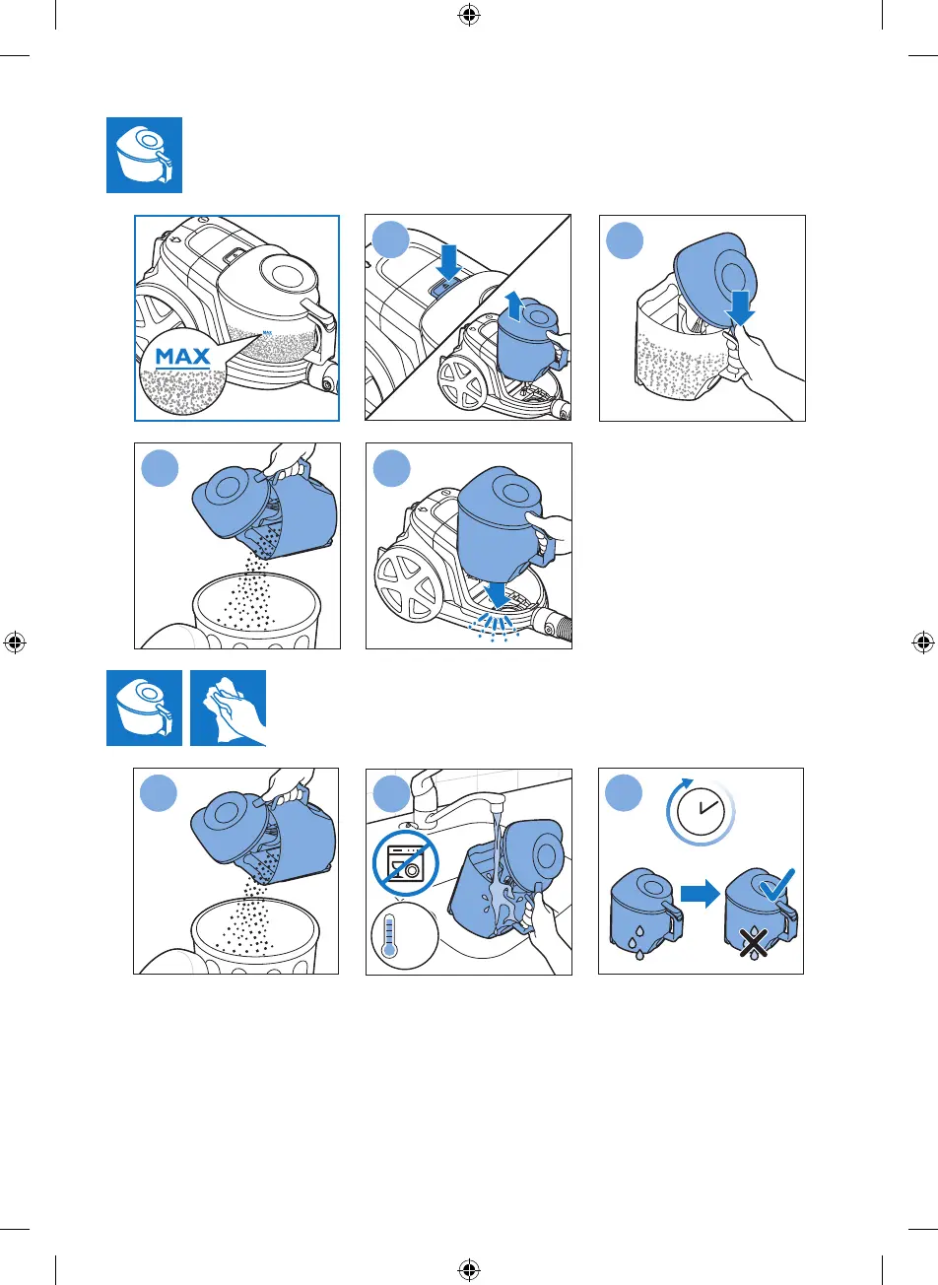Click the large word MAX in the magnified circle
click(x=182, y=357)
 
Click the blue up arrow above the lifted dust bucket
click(x=514, y=305)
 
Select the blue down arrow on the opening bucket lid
click(x=740, y=307)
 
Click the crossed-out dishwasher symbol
click(x=406, y=862)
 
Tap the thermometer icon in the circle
click(x=389, y=935)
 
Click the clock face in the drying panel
click(x=702, y=811)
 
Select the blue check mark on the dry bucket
click(x=777, y=885)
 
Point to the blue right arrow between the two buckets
click(x=700, y=894)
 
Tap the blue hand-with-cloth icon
click(x=228, y=708)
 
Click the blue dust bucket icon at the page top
click(x=144, y=155)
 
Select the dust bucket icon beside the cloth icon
click(x=144, y=708)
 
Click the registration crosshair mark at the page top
click(x=469, y=16)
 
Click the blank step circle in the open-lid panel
click(x=625, y=240)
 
